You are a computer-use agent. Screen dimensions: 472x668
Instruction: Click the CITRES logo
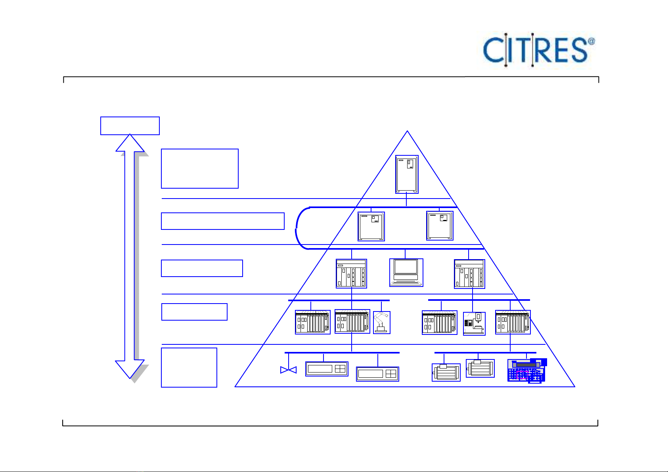pyautogui.click(x=538, y=50)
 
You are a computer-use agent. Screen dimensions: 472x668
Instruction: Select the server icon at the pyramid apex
pyautogui.click(x=407, y=174)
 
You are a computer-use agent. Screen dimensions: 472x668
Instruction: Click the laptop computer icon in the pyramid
pyautogui.click(x=406, y=272)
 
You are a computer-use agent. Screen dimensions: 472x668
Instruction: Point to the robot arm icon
pyautogui.click(x=382, y=322)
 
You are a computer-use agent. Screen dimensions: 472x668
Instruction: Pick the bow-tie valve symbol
pyautogui.click(x=288, y=370)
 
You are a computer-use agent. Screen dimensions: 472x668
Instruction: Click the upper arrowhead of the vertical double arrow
pyautogui.click(x=130, y=143)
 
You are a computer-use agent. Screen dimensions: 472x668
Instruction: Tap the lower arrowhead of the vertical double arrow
pyautogui.click(x=130, y=369)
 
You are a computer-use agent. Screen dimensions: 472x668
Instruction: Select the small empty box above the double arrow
pyautogui.click(x=130, y=126)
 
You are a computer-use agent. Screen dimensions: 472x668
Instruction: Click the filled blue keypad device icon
pyautogui.click(x=527, y=371)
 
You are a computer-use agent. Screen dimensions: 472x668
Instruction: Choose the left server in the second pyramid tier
pyautogui.click(x=371, y=226)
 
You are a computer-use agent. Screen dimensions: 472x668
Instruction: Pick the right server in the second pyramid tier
pyautogui.click(x=440, y=226)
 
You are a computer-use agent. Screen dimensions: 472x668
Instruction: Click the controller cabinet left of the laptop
pyautogui.click(x=351, y=273)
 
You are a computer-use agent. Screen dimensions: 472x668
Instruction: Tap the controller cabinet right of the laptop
pyautogui.click(x=469, y=274)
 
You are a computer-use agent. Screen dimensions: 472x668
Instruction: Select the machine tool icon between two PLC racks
pyautogui.click(x=474, y=323)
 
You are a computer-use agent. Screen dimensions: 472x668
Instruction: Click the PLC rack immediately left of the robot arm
pyautogui.click(x=352, y=321)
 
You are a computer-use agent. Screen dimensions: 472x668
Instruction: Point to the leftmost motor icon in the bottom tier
pyautogui.click(x=446, y=372)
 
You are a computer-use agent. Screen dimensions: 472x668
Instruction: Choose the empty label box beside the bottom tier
pyautogui.click(x=189, y=367)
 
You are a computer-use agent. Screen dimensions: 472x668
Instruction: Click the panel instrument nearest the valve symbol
pyautogui.click(x=327, y=369)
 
